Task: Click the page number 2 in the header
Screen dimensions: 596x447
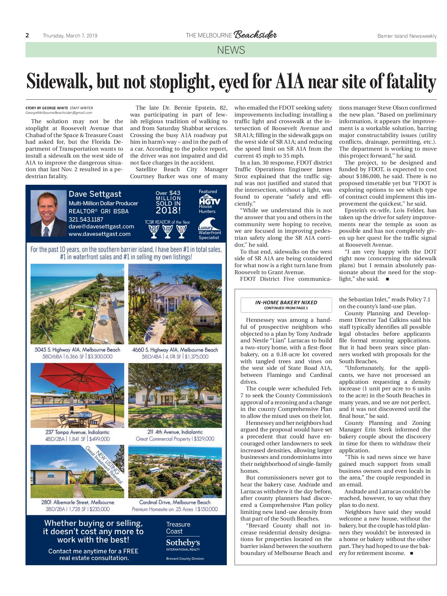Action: (27, 35)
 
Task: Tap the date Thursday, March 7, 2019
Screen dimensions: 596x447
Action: (70, 36)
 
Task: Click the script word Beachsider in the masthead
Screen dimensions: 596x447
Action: (255, 35)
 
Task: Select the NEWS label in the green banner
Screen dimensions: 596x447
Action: (231, 50)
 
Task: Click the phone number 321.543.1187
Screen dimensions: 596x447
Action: (86, 219)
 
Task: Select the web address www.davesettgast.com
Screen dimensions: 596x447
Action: (99, 234)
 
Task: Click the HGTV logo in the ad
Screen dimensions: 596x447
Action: (209, 201)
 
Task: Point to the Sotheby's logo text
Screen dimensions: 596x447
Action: (183, 543)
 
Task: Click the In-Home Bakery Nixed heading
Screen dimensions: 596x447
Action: (286, 302)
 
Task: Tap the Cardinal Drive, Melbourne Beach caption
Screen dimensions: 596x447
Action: (174, 502)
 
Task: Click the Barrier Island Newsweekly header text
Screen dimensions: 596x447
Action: (407, 36)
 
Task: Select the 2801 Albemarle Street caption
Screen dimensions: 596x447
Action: (77, 502)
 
